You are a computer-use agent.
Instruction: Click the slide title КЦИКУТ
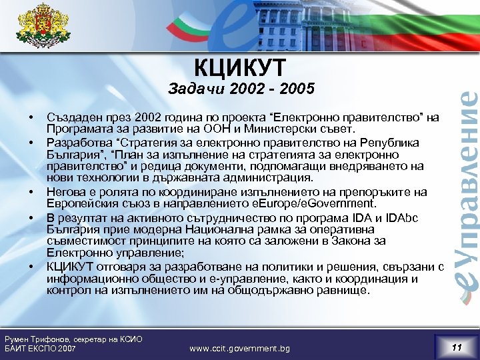(239, 67)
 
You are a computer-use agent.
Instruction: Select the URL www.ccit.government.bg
(240, 349)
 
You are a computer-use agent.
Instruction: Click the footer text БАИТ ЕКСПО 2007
(40, 349)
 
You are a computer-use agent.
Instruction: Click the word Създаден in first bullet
(69, 118)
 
